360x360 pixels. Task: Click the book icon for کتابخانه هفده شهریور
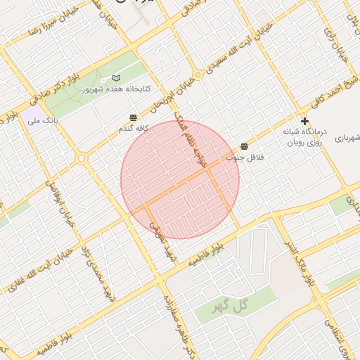point(117,77)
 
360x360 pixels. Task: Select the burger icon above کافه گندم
point(134,117)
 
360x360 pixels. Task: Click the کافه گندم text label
point(133,129)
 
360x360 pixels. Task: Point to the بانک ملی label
point(41,122)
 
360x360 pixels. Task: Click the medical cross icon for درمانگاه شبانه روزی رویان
point(304,122)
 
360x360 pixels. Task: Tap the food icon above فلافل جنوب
point(243,146)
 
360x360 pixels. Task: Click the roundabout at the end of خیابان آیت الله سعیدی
point(198,75)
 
